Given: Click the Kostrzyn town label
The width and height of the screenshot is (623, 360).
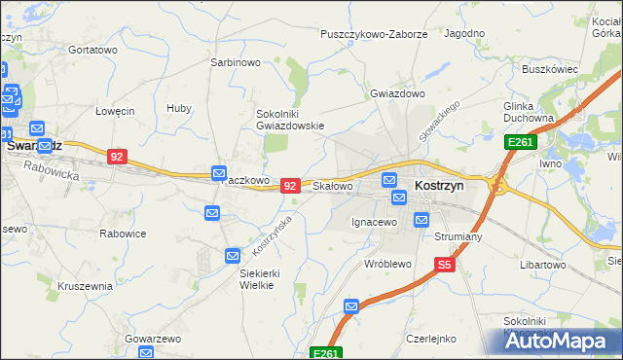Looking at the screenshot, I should [439, 185].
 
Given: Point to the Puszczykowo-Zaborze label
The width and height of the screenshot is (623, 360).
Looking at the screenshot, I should [374, 34].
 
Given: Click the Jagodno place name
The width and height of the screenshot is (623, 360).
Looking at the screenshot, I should [464, 33].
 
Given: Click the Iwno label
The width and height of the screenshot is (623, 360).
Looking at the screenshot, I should [551, 165].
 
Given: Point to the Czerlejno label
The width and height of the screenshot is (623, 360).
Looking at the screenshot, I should [431, 339].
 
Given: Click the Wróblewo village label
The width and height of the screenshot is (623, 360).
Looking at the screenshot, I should [388, 264].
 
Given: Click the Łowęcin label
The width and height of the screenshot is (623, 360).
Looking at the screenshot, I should [115, 111].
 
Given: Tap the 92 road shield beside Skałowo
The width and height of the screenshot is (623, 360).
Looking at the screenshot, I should [289, 184].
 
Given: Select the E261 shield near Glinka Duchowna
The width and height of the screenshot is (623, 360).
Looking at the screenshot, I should [518, 142].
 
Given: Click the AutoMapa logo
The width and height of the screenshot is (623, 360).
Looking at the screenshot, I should [559, 342].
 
